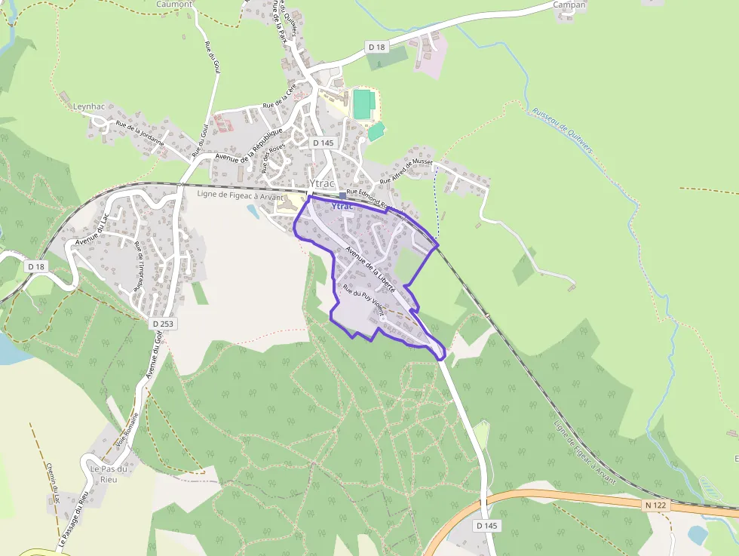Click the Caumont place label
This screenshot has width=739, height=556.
click(174, 4)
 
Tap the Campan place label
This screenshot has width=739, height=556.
click(569, 5)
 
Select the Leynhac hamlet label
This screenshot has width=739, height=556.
click(89, 106)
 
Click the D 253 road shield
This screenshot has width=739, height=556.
click(162, 324)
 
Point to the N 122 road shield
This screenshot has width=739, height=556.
click(657, 504)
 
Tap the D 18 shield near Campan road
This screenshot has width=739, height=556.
click(376, 47)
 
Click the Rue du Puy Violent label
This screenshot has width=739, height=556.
click(363, 300)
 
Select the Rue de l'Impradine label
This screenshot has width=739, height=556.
click(139, 266)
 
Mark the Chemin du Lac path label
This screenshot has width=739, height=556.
click(52, 483)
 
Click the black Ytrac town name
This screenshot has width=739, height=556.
click(322, 183)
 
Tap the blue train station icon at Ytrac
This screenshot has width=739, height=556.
click(342, 195)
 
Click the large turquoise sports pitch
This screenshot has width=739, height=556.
click(363, 104)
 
